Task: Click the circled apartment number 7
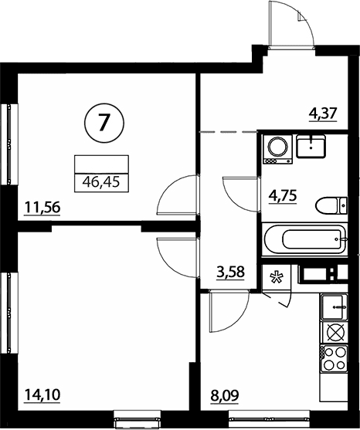click(x=104, y=123)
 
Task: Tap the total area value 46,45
click(x=101, y=181)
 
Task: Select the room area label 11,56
click(x=42, y=207)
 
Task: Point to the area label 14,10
click(x=42, y=395)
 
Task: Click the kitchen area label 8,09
click(x=225, y=395)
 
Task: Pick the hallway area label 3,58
click(x=230, y=273)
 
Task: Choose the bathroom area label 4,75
click(x=283, y=196)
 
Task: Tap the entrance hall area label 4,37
click(x=323, y=113)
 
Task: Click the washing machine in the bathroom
click(x=278, y=150)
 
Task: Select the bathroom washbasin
click(x=311, y=146)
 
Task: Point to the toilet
click(x=331, y=205)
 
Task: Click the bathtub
click(x=304, y=239)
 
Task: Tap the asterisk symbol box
click(x=277, y=277)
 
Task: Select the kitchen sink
click(x=334, y=307)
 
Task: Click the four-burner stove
click(x=335, y=357)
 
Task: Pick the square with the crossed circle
click(x=335, y=333)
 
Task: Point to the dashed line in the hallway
click(x=228, y=132)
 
